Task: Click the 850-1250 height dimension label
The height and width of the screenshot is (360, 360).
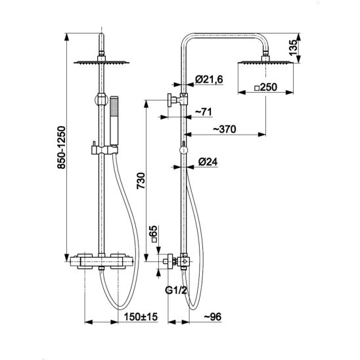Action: (x=62, y=147)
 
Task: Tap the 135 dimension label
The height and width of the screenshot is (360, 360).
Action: (x=293, y=48)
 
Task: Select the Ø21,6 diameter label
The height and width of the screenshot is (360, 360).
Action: (x=209, y=79)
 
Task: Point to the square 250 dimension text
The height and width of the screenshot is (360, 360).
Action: (x=266, y=87)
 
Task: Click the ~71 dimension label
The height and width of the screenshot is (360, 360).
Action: (x=204, y=112)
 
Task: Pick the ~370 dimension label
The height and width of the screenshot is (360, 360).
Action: (x=225, y=129)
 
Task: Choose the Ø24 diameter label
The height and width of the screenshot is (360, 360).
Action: (x=208, y=162)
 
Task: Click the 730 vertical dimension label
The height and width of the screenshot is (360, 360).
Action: (x=141, y=181)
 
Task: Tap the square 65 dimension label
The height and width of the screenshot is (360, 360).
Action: (x=154, y=234)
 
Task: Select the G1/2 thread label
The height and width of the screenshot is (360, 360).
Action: (x=176, y=290)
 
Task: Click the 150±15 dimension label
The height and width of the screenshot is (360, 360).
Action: (x=141, y=317)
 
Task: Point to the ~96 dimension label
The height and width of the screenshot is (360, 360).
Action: (x=213, y=317)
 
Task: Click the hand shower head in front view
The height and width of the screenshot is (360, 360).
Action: (x=114, y=121)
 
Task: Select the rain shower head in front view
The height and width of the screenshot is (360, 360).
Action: (x=101, y=62)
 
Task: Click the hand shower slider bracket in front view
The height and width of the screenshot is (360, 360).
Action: (x=104, y=150)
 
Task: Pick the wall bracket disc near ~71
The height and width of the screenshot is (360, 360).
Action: (x=170, y=101)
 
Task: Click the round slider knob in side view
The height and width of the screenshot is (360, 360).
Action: (x=184, y=150)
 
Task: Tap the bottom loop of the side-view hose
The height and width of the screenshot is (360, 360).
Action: (x=193, y=307)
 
